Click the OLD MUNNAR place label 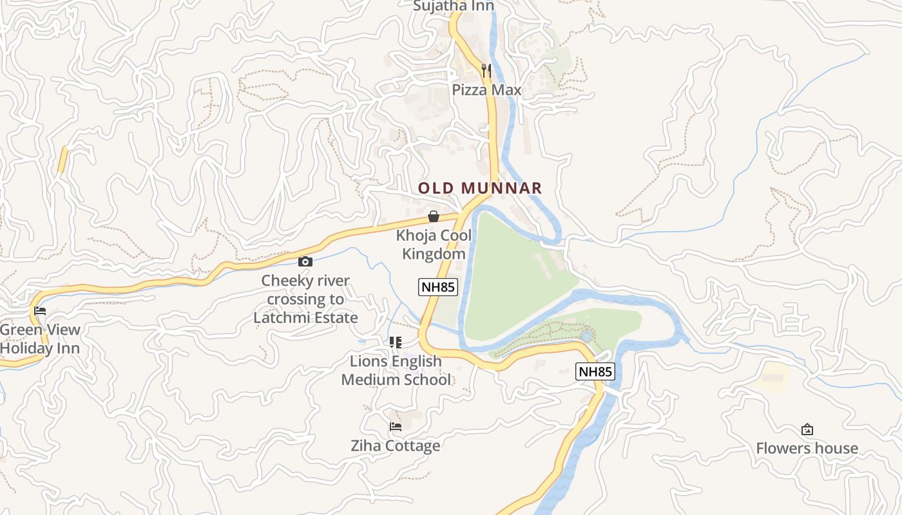[x=480, y=188]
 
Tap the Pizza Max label [x=486, y=90]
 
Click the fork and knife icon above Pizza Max [x=486, y=70]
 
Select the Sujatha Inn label [x=454, y=6]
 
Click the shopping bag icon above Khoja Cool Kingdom [x=434, y=216]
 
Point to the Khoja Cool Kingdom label [x=434, y=245]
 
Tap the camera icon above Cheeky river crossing [x=305, y=261]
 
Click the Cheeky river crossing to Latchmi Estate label [x=305, y=299]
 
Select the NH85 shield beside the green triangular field [x=438, y=287]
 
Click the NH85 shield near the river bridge [x=595, y=371]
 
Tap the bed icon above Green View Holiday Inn [x=40, y=311]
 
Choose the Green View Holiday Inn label [x=40, y=339]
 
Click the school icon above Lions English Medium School [x=395, y=342]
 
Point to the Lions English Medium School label [x=396, y=371]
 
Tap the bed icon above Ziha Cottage [x=396, y=426]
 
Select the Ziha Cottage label [x=396, y=445]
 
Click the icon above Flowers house [x=807, y=429]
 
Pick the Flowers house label [x=807, y=448]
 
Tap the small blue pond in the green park [x=586, y=335]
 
